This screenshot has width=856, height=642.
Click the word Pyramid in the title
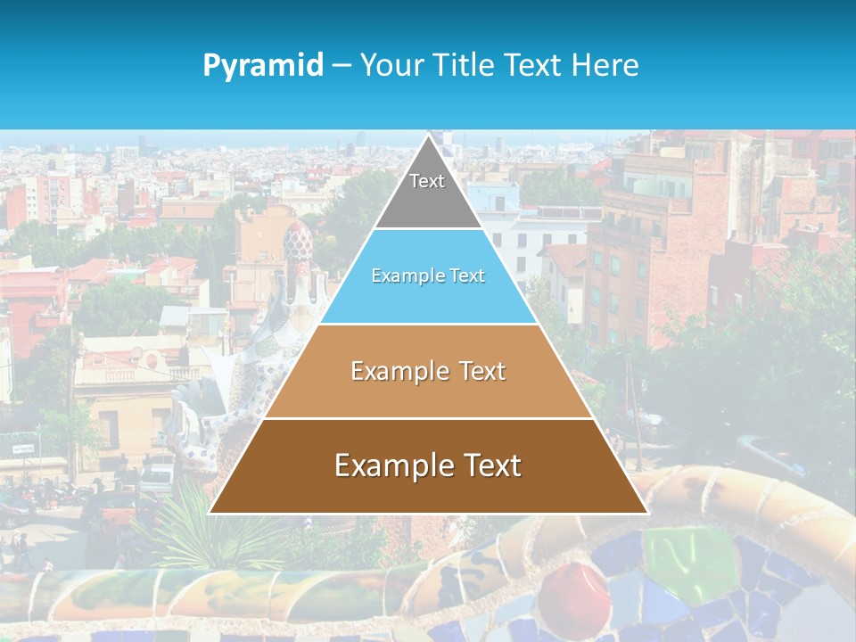point(263,65)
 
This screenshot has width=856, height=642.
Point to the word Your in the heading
point(391,65)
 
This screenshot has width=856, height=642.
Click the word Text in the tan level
point(482,371)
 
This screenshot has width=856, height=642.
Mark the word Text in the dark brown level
point(492,465)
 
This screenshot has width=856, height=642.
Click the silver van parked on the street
point(157,477)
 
